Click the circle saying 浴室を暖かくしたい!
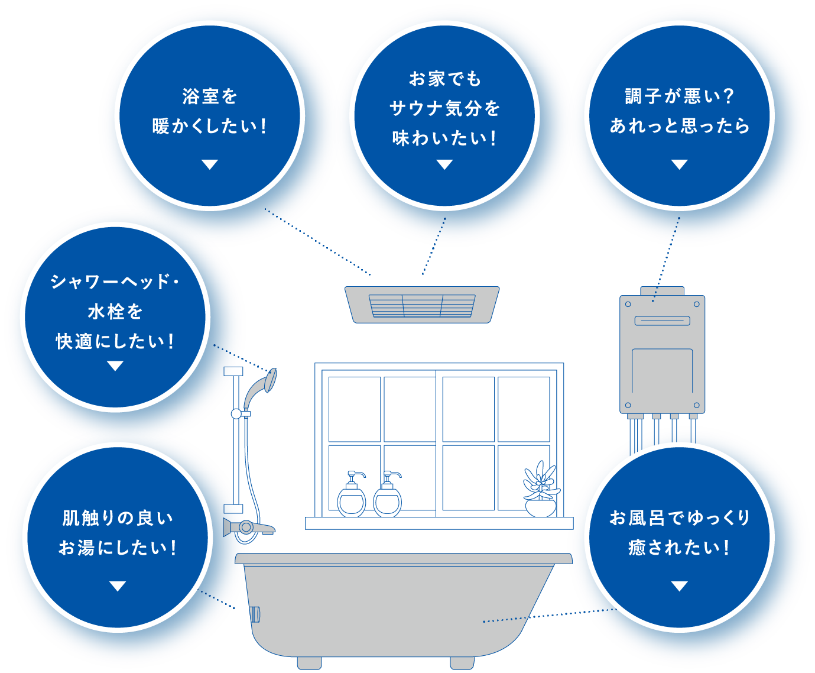pyautogui.click(x=209, y=115)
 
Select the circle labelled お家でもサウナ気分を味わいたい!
pyautogui.click(x=444, y=115)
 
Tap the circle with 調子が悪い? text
pyautogui.click(x=679, y=115)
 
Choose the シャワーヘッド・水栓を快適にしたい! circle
pyautogui.click(x=115, y=316)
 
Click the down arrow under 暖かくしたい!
pyautogui.click(x=209, y=165)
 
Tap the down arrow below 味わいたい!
pyautogui.click(x=444, y=165)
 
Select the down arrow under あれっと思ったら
pyautogui.click(x=679, y=165)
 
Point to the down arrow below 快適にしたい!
pyautogui.click(x=115, y=367)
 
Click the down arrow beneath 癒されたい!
pyautogui.click(x=679, y=586)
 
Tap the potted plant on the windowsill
pyautogui.click(x=541, y=491)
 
